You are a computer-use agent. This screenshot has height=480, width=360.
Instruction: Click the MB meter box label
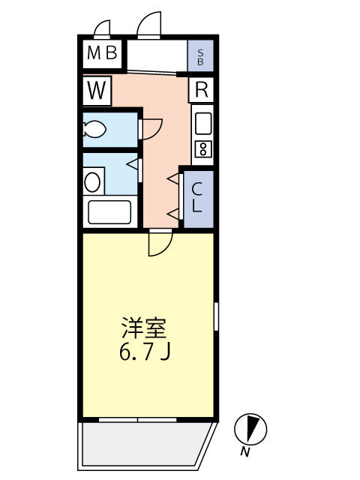[x=102, y=52]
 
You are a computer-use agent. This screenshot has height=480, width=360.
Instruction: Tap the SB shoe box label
[x=200, y=57]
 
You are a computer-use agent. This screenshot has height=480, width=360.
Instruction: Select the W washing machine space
[x=97, y=91]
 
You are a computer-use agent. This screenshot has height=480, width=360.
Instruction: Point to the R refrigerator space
[x=201, y=89]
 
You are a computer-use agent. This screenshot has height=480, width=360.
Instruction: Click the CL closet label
[x=196, y=197]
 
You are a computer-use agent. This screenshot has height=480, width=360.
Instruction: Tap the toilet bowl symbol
[x=94, y=130]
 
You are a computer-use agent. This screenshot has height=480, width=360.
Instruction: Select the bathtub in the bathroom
[x=109, y=211]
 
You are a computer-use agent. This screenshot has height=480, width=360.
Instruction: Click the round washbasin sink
[x=92, y=182]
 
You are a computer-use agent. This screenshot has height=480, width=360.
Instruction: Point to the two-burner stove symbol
[x=202, y=148]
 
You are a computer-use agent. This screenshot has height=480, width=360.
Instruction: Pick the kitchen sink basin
[x=203, y=123]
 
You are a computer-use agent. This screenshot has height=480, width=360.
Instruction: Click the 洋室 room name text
[x=144, y=328]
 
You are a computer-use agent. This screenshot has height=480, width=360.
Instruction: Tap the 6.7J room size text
[x=145, y=352]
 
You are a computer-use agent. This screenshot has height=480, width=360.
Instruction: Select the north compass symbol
[x=250, y=429]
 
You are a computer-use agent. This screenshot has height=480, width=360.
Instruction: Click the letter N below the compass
[x=244, y=451]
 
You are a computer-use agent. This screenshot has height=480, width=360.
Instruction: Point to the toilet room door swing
[x=152, y=129]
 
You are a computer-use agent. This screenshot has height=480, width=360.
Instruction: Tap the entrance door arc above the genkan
[x=149, y=24]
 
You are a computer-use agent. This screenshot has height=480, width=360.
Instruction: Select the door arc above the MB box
[x=102, y=28]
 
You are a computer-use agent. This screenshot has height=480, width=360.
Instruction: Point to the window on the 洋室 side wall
[x=216, y=316]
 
